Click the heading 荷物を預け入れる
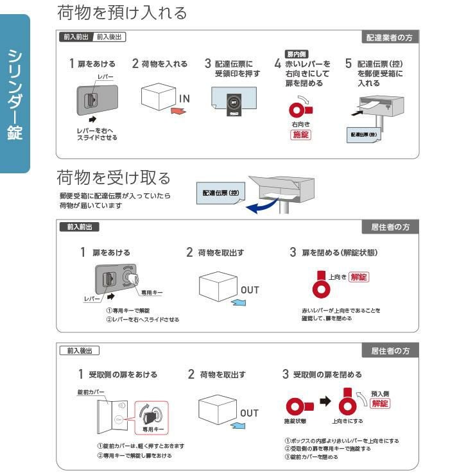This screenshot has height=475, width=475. point(122,12)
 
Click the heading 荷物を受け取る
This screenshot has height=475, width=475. point(114,176)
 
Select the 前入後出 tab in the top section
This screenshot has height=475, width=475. point(109,37)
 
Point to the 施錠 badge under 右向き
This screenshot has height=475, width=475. point(301,135)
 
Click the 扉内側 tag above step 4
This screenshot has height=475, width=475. point(295,55)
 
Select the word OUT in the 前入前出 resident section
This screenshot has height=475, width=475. point(250,290)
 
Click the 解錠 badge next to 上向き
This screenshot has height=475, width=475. point(359,277)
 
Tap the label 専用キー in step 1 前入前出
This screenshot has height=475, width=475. point(151,292)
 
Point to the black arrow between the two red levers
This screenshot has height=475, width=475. point(325,402)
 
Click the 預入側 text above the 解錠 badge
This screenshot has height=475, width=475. point(380,393)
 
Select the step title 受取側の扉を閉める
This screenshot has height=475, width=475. point(327,374)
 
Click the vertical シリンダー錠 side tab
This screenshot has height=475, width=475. point(15,94)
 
